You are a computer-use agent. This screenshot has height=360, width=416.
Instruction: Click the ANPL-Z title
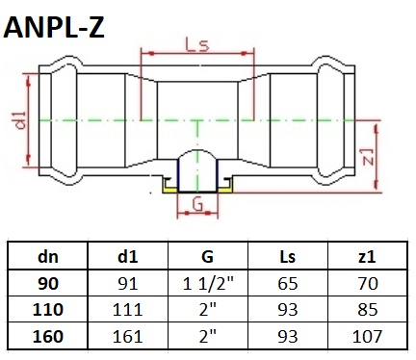54,28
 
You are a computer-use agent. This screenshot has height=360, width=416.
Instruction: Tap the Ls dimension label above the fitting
197,44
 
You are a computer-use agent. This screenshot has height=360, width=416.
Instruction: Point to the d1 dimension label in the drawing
20,120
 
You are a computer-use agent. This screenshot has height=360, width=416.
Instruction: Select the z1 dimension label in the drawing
369,157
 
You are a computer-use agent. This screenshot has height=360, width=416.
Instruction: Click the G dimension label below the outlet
197,204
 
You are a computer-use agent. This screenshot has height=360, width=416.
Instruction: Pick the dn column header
48,257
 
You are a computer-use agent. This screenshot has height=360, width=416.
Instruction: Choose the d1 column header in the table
127,257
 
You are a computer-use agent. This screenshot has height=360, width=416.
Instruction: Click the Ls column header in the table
287,257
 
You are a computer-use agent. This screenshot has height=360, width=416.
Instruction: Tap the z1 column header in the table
367,257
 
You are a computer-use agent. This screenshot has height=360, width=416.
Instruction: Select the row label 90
48,284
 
